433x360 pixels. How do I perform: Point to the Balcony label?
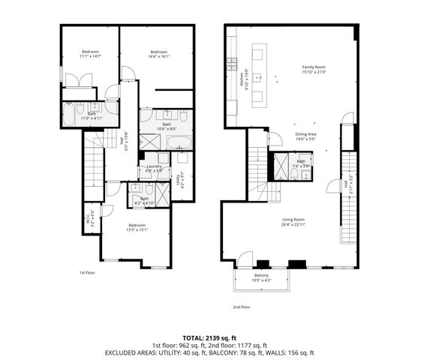point(261,278)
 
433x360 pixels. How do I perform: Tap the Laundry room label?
point(155,169)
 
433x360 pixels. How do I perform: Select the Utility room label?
point(179,180)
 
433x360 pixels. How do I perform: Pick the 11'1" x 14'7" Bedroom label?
point(90,54)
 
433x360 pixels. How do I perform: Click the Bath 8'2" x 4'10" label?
point(144,201)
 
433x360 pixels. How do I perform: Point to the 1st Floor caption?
point(88,273)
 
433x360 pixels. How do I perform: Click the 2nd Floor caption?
point(241,307)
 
